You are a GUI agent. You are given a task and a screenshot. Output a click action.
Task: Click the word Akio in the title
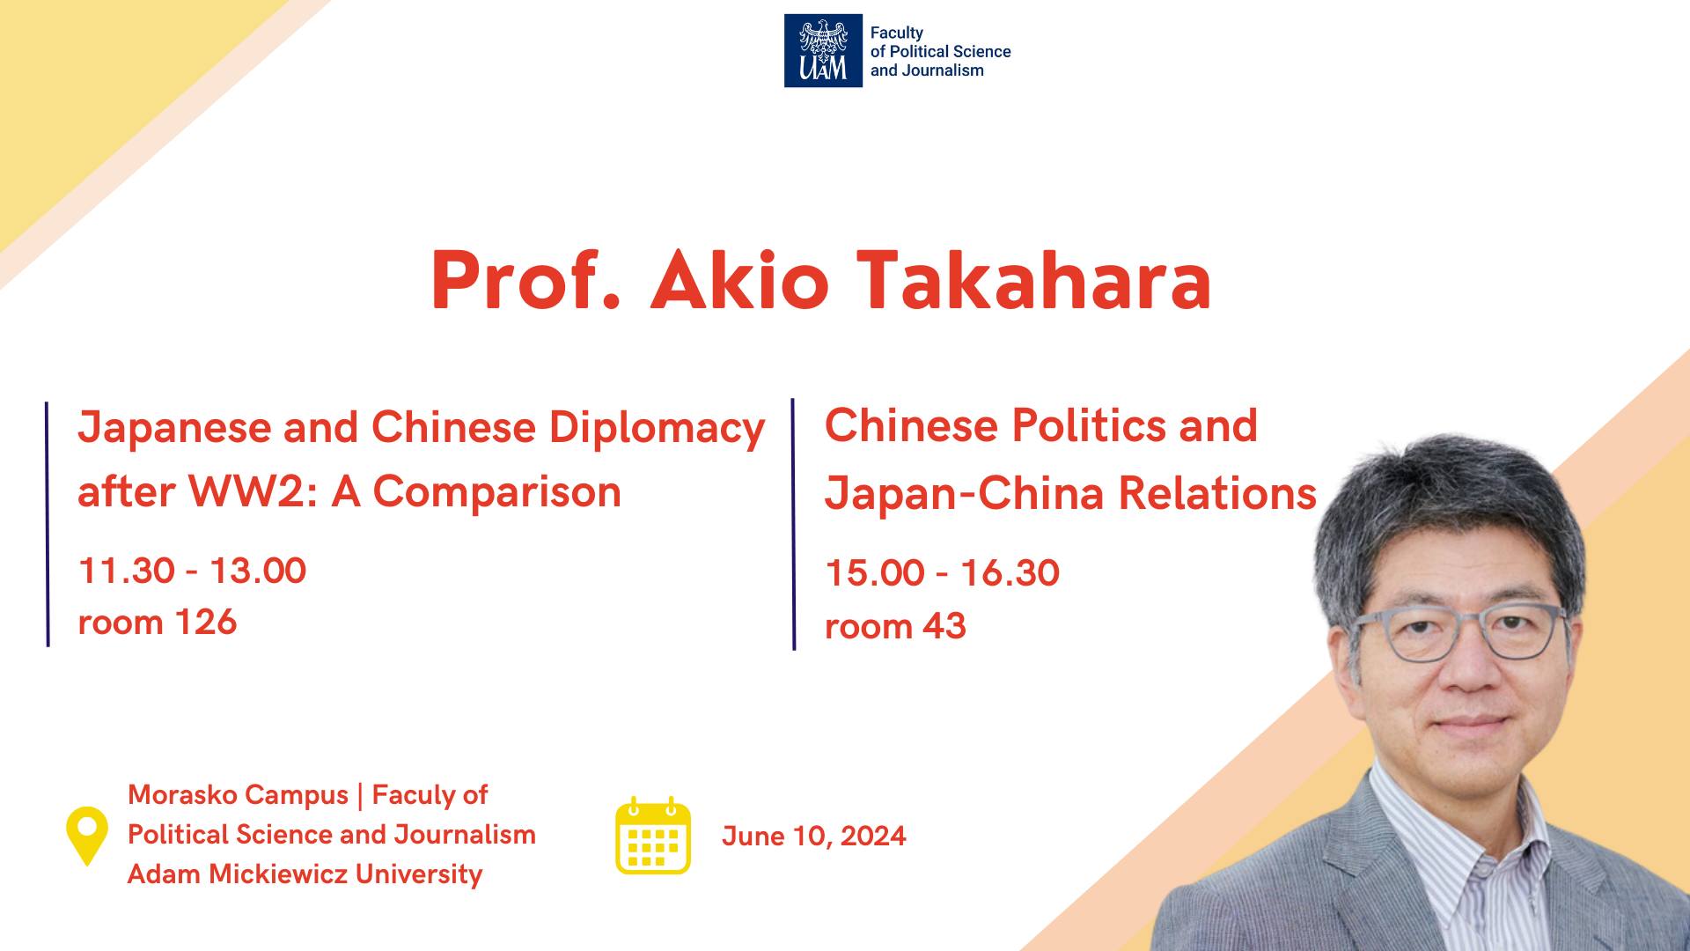(739, 281)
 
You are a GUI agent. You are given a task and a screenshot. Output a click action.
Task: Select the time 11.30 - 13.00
(192, 571)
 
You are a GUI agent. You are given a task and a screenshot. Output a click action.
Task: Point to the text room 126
(158, 623)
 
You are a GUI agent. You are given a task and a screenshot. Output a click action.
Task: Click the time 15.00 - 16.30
(943, 573)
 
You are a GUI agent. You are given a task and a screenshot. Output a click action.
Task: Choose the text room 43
(895, 627)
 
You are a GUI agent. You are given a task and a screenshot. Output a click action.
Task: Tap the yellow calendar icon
(652, 835)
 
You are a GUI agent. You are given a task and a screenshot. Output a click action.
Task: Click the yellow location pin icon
(87, 836)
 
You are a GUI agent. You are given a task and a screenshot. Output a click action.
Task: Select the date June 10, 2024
(814, 836)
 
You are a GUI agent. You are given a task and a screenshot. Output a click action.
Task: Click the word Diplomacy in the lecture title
(658, 430)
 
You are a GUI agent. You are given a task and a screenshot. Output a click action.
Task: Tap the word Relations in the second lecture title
(1217, 493)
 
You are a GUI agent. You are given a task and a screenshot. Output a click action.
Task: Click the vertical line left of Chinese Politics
(793, 525)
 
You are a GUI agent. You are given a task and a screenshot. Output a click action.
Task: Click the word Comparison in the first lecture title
(497, 492)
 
